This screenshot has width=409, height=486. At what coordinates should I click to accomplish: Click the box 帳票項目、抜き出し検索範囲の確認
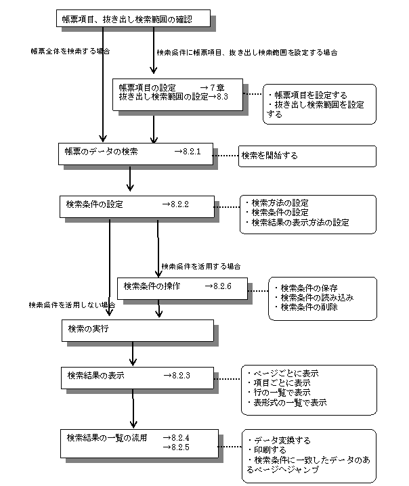(x=133, y=18)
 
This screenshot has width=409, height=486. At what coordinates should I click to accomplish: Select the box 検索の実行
(x=137, y=330)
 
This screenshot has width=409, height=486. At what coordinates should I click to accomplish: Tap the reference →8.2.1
(x=188, y=152)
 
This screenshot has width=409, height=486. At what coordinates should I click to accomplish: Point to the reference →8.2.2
(x=175, y=204)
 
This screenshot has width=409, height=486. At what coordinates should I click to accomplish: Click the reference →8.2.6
(x=218, y=286)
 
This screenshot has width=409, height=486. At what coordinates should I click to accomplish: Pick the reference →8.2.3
(x=177, y=376)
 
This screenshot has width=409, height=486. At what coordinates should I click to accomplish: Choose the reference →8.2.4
(x=176, y=438)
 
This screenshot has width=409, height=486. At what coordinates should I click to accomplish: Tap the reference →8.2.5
(x=176, y=447)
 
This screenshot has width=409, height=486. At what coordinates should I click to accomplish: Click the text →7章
(x=212, y=87)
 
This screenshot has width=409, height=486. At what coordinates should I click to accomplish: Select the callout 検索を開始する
(x=307, y=156)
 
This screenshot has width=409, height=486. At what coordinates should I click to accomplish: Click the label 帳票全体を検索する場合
(x=70, y=51)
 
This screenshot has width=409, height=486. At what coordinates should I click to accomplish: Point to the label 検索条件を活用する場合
(x=201, y=266)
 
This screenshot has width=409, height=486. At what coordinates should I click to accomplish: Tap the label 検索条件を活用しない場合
(x=72, y=305)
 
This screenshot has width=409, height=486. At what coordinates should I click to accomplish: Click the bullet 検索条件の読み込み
(x=314, y=298)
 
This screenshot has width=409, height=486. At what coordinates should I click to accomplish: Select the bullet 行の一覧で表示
(x=279, y=393)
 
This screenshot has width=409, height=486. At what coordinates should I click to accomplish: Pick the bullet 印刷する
(x=267, y=449)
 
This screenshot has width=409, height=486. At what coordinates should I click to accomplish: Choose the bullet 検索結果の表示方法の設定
(x=297, y=223)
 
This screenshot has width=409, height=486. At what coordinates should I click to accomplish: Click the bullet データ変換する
(x=280, y=440)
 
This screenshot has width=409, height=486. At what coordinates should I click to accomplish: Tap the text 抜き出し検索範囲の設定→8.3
(x=173, y=97)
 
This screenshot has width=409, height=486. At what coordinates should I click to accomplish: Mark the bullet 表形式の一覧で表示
(x=287, y=402)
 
